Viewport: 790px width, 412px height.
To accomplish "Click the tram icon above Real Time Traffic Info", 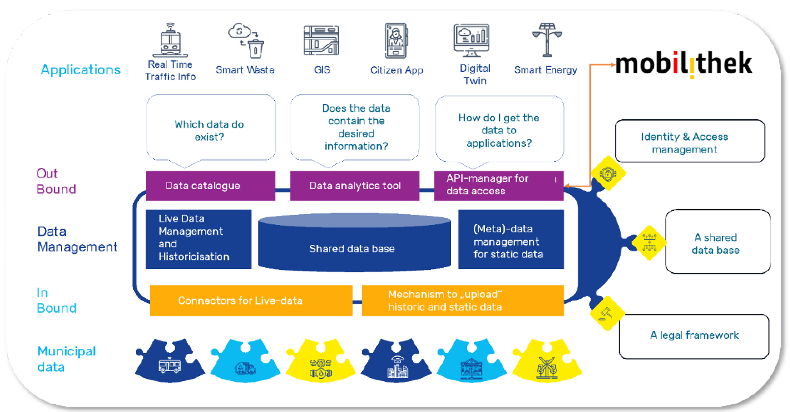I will tap(170, 40).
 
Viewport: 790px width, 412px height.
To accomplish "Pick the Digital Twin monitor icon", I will tap(472, 40).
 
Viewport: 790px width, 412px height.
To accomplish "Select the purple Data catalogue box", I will tap(210, 185).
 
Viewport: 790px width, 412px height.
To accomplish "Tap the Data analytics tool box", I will tap(355, 185).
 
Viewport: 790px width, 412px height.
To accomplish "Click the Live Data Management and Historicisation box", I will tap(199, 239).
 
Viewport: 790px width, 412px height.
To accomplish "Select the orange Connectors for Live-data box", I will tap(251, 300).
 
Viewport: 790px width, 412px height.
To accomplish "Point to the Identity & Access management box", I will tap(690, 141).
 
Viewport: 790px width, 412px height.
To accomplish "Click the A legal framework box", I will tap(694, 336).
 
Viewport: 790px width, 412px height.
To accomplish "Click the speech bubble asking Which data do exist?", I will tap(211, 129).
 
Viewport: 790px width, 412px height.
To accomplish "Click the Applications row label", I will tap(81, 70).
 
